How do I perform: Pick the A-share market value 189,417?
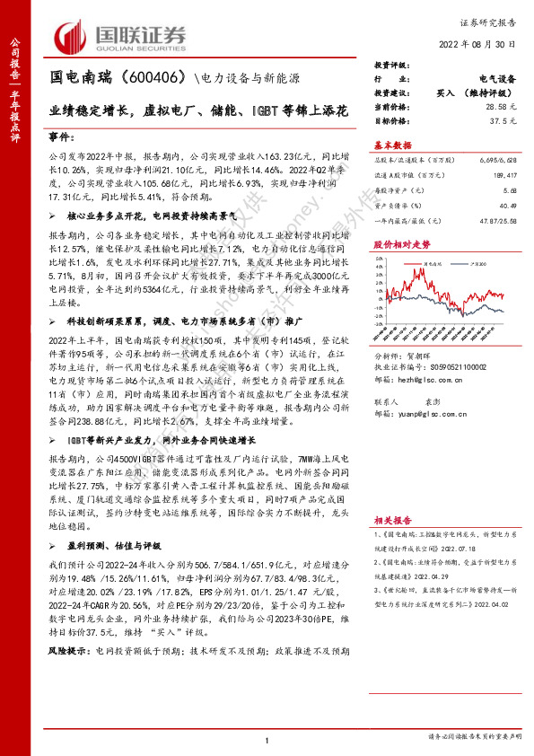[x=506, y=175]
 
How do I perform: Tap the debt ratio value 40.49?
[x=511, y=206]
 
